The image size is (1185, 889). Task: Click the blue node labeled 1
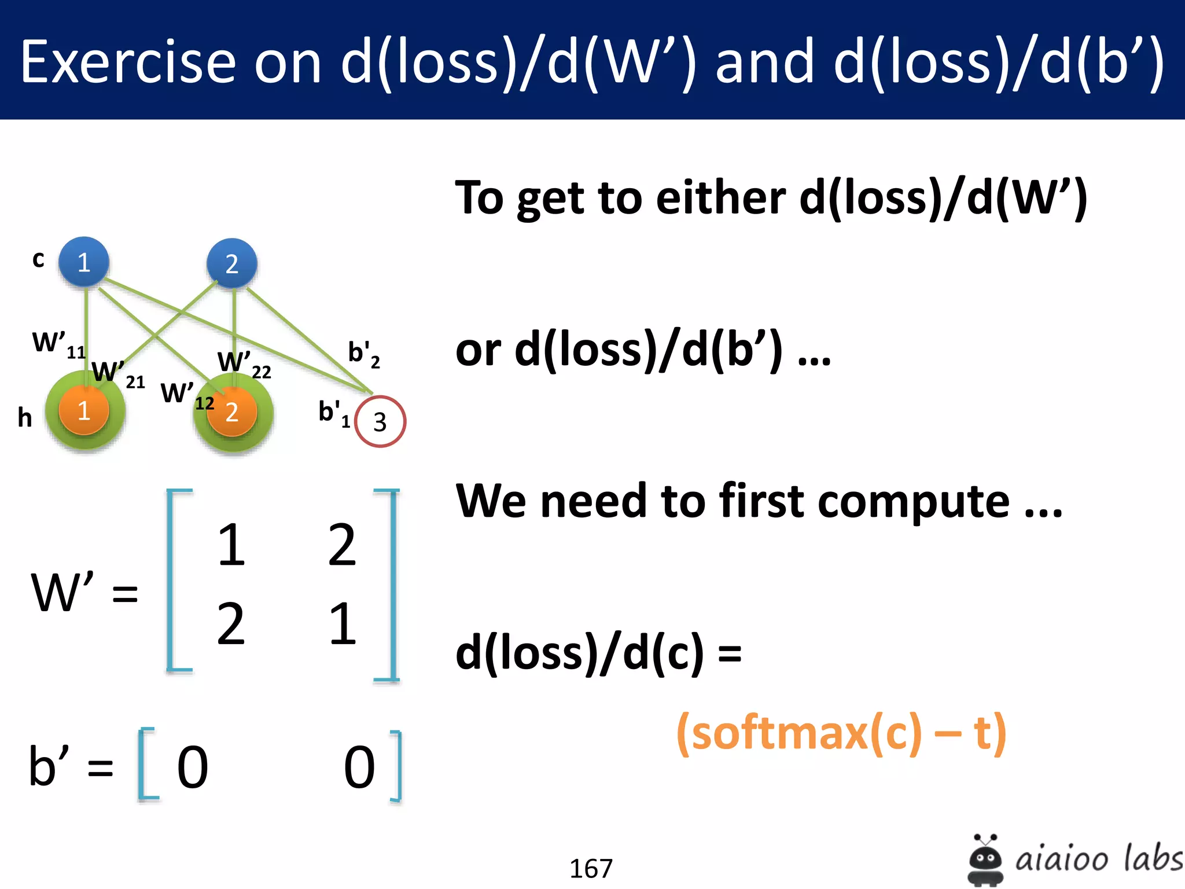click(84, 262)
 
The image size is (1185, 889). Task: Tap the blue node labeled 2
click(231, 263)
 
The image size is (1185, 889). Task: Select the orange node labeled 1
click(84, 410)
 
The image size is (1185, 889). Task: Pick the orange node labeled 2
click(231, 412)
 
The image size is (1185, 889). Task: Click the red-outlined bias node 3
click(380, 421)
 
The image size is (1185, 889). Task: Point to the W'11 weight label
click(58, 344)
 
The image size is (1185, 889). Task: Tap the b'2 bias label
click(363, 354)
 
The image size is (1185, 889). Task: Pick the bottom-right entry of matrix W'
click(342, 623)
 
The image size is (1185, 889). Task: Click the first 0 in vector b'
click(192, 767)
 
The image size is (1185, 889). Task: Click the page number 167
click(591, 868)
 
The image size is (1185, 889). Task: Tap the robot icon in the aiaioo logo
click(985, 859)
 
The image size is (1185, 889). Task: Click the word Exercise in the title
click(128, 62)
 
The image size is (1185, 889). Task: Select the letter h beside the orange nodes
click(24, 417)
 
